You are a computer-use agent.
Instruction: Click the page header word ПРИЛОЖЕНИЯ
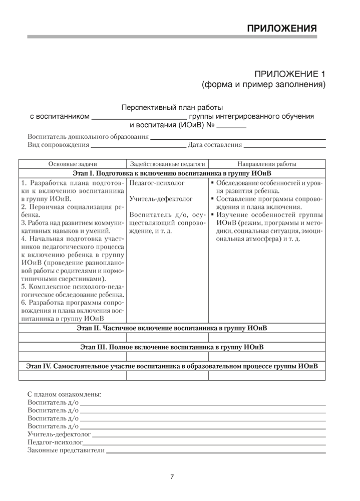282,28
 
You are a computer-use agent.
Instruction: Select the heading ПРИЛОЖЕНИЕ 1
290,73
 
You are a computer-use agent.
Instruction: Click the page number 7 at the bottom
172,476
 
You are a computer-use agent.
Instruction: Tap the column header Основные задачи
73,164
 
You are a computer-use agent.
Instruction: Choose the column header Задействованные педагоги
167,164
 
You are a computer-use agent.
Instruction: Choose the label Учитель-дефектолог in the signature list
59,434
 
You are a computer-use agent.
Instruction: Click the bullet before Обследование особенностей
212,183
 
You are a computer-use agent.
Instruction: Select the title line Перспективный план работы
172,107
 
